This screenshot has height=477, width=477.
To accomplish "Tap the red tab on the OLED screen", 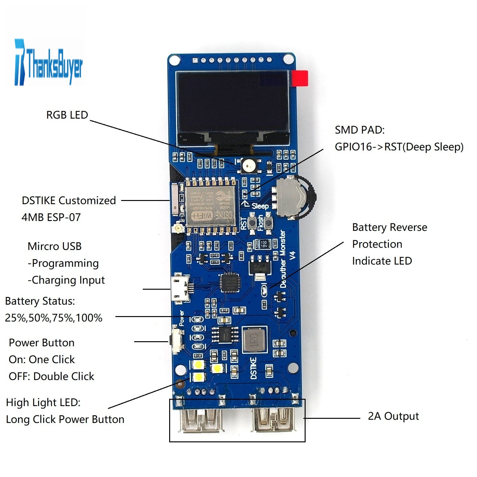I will click(x=300, y=78).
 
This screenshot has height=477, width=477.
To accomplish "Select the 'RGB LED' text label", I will click(x=67, y=115).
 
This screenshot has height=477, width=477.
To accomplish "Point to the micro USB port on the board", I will click(x=180, y=289).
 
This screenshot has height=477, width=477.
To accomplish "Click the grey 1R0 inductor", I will click(x=254, y=339).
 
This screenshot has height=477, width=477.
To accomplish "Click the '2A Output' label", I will click(x=393, y=416).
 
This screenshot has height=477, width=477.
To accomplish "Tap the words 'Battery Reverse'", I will click(x=390, y=227).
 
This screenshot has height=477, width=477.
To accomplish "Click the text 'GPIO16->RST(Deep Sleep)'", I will click(x=399, y=147).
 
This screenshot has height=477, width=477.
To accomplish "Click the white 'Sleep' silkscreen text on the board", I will click(x=260, y=206).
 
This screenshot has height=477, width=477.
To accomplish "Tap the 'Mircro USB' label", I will click(x=54, y=246).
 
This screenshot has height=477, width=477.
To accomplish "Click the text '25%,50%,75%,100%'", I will click(x=53, y=318).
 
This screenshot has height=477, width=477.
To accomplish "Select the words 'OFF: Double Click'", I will click(x=51, y=376).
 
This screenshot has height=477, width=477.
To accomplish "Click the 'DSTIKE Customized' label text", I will click(x=69, y=200).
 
